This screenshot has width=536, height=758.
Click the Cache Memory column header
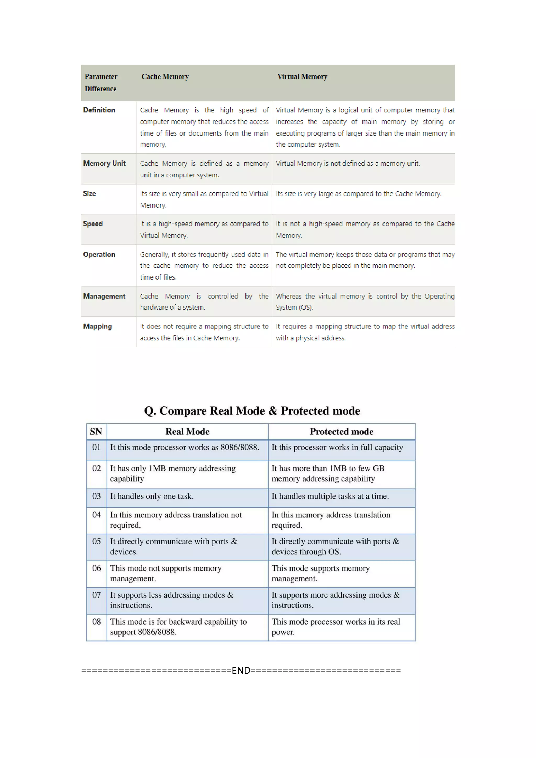[165, 77]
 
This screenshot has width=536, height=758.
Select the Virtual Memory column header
[302, 77]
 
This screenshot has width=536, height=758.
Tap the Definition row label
[99, 110]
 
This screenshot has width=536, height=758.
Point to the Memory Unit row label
[104, 163]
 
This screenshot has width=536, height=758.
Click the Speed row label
[93, 224]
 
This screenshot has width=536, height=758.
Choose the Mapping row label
[97, 326]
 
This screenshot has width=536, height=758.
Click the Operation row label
[99, 254]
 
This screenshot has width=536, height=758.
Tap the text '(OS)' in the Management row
[306, 307]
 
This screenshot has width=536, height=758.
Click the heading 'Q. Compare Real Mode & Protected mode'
[252, 411]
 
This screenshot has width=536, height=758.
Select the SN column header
[96, 432]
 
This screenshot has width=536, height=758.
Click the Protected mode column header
[342, 432]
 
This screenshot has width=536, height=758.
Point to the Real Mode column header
[187, 432]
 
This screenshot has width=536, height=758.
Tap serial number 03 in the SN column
[96, 496]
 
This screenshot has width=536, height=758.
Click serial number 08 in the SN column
[96, 622]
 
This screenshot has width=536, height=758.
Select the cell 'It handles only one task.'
[152, 496]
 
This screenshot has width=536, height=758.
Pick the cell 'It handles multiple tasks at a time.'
[330, 496]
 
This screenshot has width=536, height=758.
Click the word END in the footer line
[241, 671]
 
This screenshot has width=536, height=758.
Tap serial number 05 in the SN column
[96, 542]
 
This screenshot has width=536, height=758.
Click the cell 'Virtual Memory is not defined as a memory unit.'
[348, 163]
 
